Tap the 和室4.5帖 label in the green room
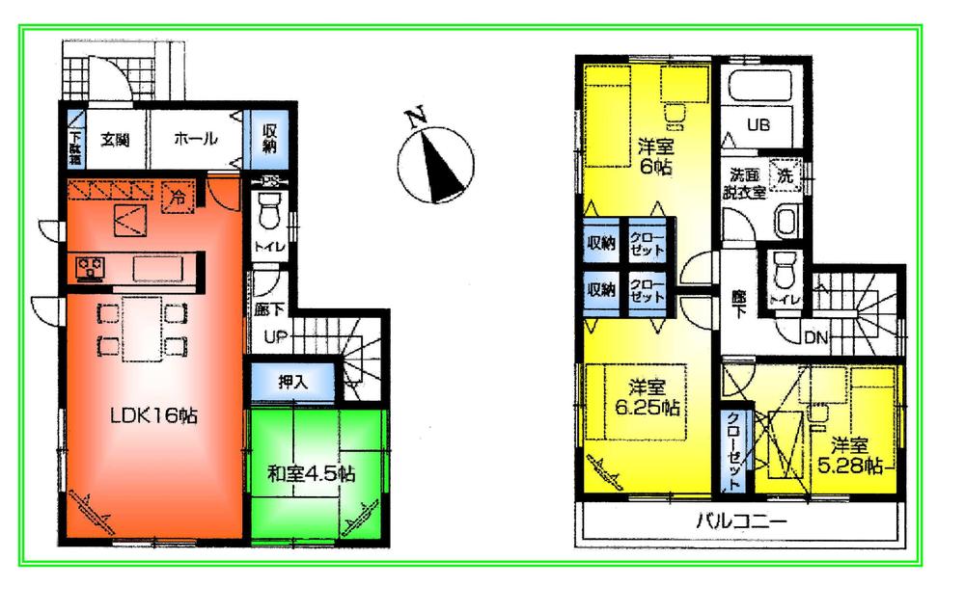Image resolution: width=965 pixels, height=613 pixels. point(311,473)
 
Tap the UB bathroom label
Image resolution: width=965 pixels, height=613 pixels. point(759,124)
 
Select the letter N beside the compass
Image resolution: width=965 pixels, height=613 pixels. point(416,120)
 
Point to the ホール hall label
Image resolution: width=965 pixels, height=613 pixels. point(195,139)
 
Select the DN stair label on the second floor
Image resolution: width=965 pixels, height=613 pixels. point(815,337)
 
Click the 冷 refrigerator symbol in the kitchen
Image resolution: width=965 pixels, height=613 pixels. point(179,193)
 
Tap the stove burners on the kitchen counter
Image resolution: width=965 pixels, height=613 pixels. point(90,266)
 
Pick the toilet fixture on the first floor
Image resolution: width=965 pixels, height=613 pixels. point(269,209)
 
